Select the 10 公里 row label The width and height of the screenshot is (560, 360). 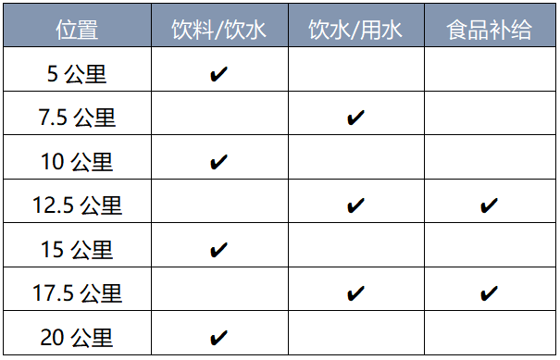point(77,162)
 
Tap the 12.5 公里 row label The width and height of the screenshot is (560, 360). point(77,205)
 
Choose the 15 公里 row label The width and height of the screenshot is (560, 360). point(77,250)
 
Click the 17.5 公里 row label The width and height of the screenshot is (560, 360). point(77,293)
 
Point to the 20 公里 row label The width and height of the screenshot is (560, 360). point(77,337)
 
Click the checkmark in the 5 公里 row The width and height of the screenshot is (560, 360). point(218,74)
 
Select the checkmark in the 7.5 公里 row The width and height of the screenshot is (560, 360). point(355,118)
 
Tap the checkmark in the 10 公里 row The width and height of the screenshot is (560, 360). point(218,162)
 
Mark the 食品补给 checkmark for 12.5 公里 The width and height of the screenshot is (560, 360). point(490,205)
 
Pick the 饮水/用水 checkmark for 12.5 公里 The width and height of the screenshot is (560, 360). point(355,205)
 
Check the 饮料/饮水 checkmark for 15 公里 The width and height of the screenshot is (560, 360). point(218,250)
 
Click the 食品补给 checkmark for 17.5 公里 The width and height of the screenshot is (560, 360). point(490,293)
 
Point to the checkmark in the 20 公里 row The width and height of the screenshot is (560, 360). point(218,337)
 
